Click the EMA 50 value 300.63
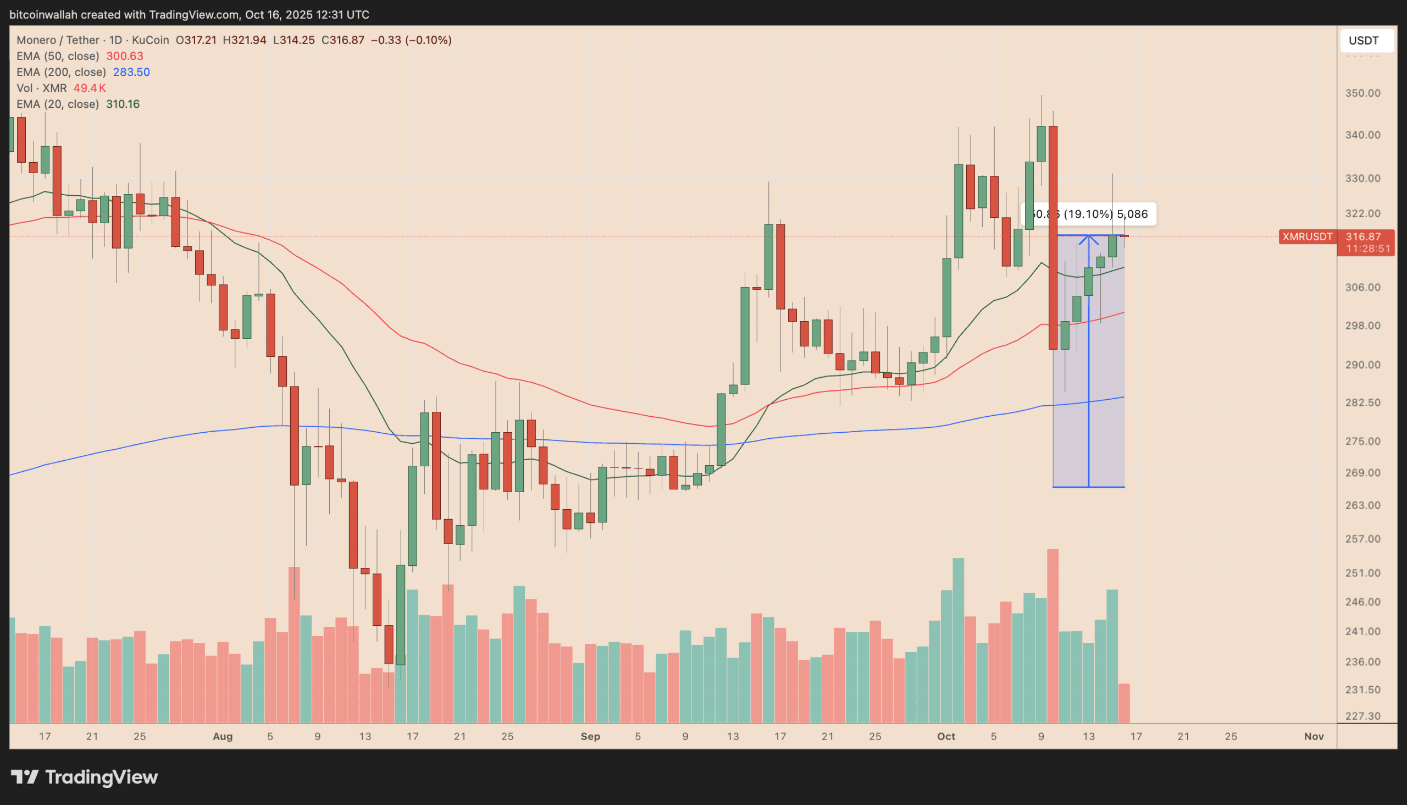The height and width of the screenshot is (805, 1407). click(124, 56)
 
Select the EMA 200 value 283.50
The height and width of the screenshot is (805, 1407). click(131, 72)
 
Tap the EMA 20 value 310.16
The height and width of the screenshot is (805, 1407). click(123, 104)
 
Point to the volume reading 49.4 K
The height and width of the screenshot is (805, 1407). click(90, 88)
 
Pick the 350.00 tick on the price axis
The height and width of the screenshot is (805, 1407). click(1362, 93)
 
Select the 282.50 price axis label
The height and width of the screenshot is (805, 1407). click(1362, 402)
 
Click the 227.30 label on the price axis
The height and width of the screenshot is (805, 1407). click(1362, 716)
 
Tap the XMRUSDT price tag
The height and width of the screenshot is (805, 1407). click(1307, 236)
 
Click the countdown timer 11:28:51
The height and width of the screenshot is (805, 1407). click(1367, 249)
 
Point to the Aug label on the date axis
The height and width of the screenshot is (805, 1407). click(223, 736)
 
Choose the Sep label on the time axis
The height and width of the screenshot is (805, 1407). click(590, 736)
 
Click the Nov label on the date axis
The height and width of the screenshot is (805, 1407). click(1314, 736)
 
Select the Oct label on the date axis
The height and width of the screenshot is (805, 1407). click(946, 736)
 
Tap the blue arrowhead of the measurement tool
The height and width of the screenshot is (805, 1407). click(1089, 239)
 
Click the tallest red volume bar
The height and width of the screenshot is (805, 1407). click(1053, 636)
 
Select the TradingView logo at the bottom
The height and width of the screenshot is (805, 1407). click(85, 777)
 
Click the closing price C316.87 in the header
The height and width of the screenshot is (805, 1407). click(342, 40)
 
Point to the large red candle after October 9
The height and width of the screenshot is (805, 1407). click(1053, 238)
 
